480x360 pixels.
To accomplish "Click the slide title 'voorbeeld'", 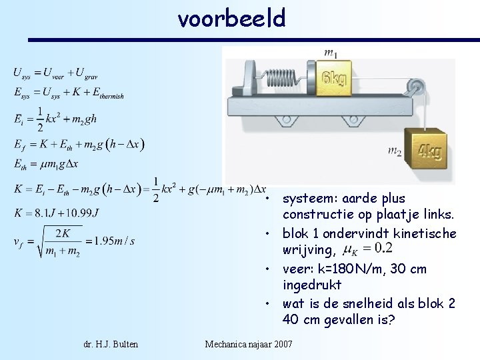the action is pyautogui.click(x=231, y=18).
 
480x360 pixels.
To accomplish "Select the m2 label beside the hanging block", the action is pyautogui.click(x=395, y=151).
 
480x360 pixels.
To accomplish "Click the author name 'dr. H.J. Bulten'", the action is pyautogui.click(x=112, y=343).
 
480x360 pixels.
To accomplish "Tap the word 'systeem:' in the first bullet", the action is pyautogui.click(x=309, y=198).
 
